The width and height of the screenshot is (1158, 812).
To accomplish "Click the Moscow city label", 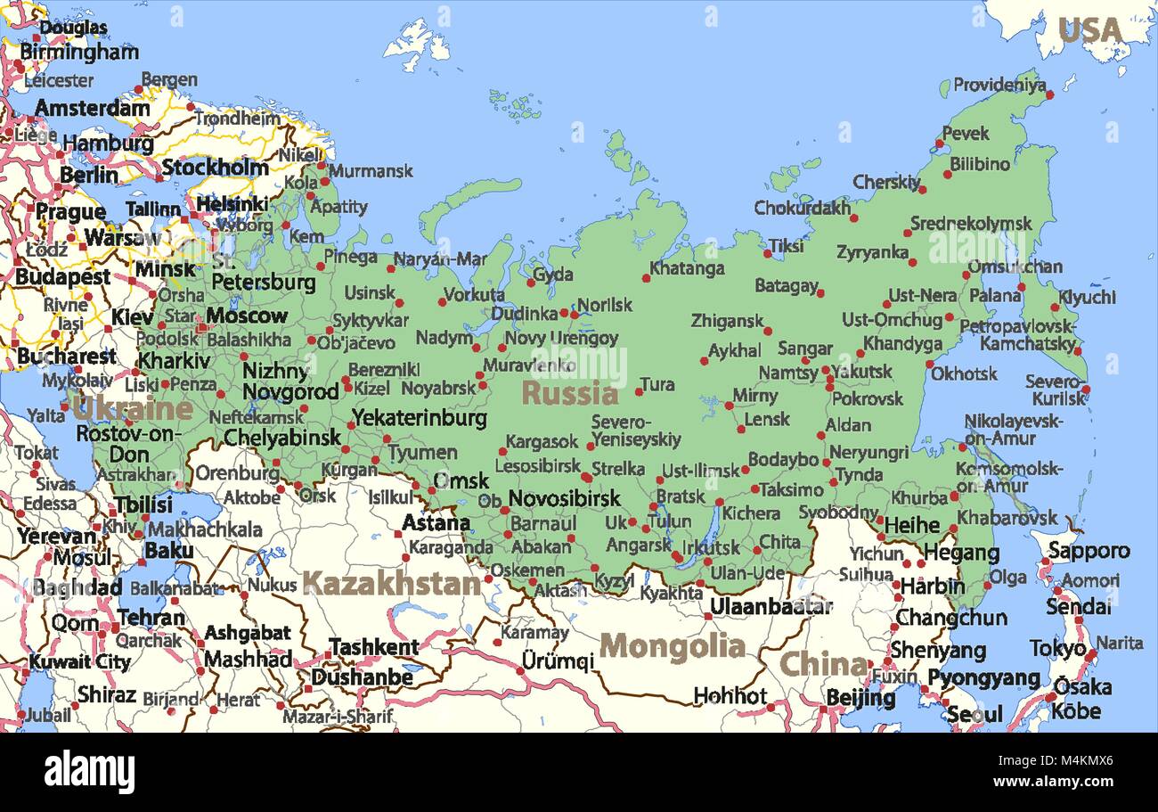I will pyautogui.click(x=247, y=316).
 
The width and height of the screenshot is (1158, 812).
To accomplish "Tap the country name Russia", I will pyautogui.click(x=569, y=393).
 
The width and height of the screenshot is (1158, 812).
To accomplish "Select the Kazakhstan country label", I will pyautogui.click(x=392, y=584).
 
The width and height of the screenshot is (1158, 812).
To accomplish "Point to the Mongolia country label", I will pyautogui.click(x=672, y=646).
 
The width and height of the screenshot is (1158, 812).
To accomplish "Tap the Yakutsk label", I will pyautogui.click(x=861, y=371).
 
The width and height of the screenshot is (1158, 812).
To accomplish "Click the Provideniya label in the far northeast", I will pyautogui.click(x=999, y=85).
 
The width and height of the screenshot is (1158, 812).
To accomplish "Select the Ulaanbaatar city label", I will pyautogui.click(x=771, y=607).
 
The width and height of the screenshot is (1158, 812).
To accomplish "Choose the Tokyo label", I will pyautogui.click(x=1057, y=648).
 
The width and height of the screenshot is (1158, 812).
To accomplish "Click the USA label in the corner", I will pyautogui.click(x=1089, y=30).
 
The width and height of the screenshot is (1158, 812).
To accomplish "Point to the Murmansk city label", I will pyautogui.click(x=371, y=170).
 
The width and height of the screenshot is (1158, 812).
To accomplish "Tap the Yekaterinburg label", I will pyautogui.click(x=419, y=417).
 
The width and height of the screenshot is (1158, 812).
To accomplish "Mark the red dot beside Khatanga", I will pyautogui.click(x=646, y=278).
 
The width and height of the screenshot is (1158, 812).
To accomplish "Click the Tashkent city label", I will pyautogui.click(x=373, y=647).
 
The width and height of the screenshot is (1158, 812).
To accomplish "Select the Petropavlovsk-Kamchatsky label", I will pyautogui.click(x=1028, y=334).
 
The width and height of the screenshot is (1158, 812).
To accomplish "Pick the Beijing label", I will pyautogui.click(x=860, y=697).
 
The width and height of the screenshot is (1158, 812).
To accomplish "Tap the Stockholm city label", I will pyautogui.click(x=215, y=167).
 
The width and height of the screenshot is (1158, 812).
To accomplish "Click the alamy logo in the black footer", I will pyautogui.click(x=89, y=771).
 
